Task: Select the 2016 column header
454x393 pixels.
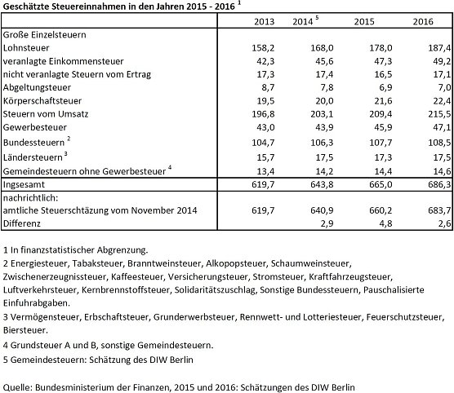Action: point(422,22)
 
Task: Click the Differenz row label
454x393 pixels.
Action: point(24,223)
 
